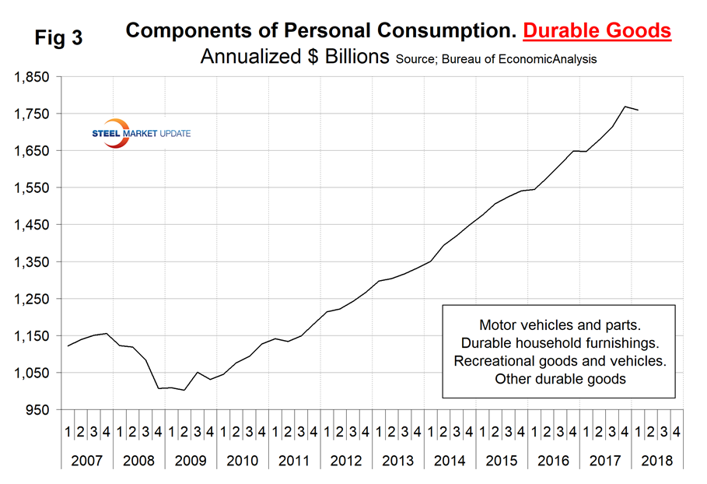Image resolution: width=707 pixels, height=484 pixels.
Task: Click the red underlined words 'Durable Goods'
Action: [x=597, y=31]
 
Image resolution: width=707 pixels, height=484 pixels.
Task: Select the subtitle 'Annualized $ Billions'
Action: [x=295, y=58]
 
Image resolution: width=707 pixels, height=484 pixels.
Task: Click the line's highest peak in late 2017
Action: [x=625, y=107]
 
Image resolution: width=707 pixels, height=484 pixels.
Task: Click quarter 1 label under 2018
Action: [x=639, y=430]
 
